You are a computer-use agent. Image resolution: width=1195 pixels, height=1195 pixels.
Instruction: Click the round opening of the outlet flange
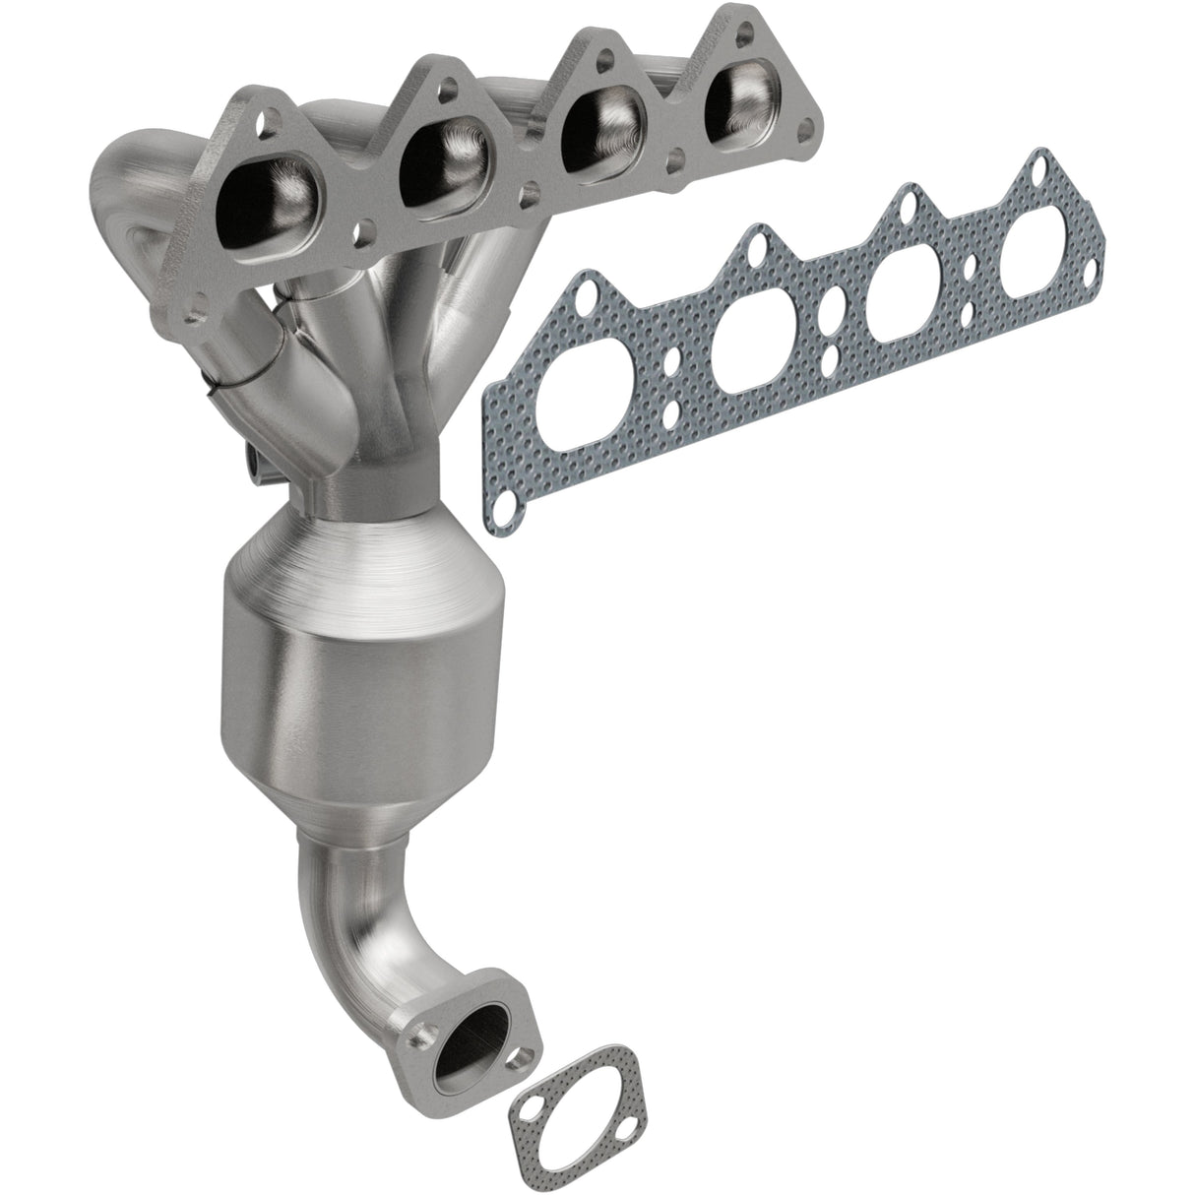point(475,1068)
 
